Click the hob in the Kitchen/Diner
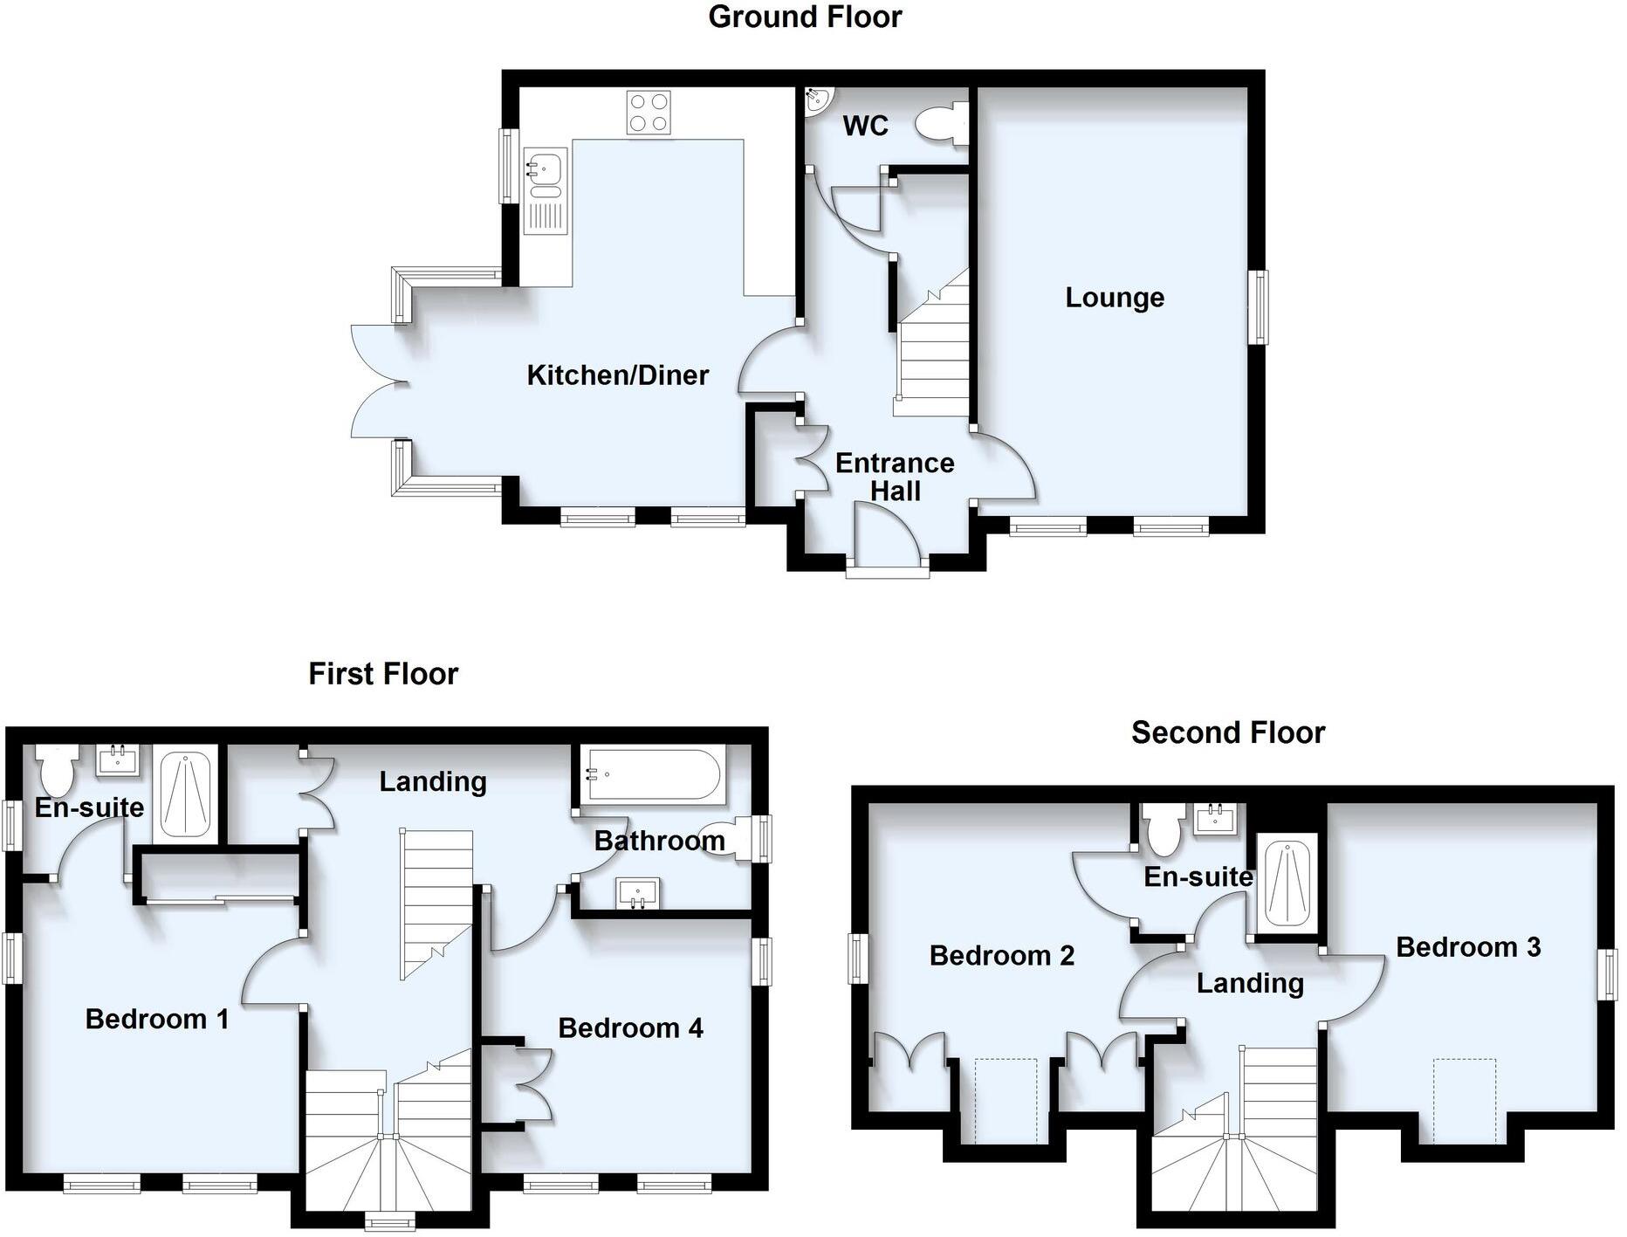point(649,113)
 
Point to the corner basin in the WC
point(817,100)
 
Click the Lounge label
point(1115,298)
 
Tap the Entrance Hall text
point(895,477)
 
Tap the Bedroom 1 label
point(157,1019)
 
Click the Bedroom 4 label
point(630,1028)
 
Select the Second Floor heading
point(1227,732)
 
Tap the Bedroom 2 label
point(1001,956)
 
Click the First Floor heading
point(383,674)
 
